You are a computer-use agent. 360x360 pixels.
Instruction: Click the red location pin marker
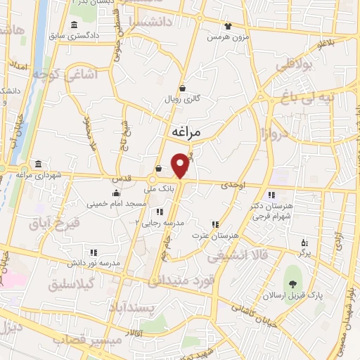pos(181,165)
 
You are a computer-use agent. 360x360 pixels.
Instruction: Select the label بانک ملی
pos(158,189)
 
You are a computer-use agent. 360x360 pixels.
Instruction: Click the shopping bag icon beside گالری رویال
pos(183,89)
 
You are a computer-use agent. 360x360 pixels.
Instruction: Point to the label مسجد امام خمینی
pos(117,204)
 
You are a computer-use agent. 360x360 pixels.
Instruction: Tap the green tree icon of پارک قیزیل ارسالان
pos(292,284)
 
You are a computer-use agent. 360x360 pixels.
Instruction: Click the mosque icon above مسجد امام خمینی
pos(117,193)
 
